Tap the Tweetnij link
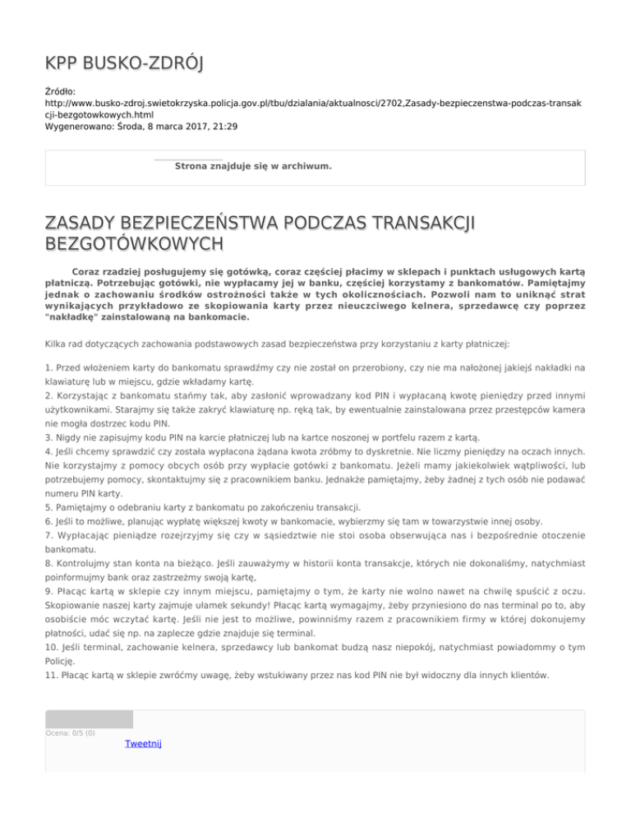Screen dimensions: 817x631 (x=143, y=744)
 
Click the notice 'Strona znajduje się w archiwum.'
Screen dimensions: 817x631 (x=253, y=166)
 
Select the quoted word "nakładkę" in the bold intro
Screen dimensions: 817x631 (x=76, y=316)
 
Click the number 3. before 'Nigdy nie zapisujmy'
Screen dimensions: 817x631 (x=49, y=438)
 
